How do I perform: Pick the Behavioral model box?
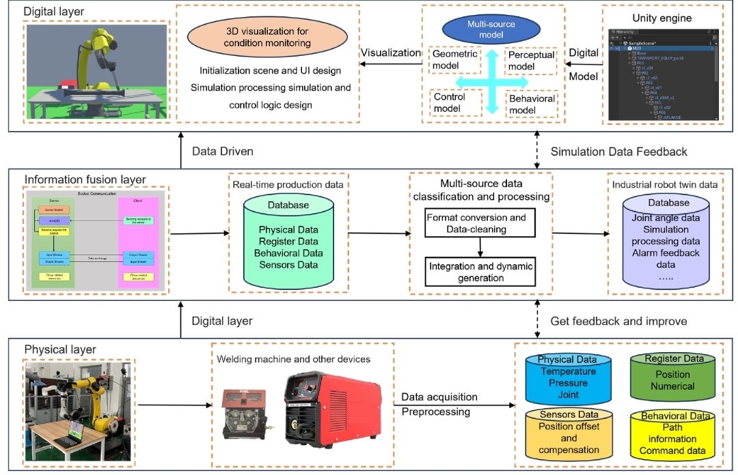click(x=531, y=104)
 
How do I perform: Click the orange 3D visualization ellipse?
click(x=267, y=38)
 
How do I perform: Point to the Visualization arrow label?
click(x=391, y=53)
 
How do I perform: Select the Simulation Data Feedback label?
click(x=618, y=152)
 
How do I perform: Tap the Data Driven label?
click(x=223, y=152)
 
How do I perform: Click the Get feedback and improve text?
click(x=618, y=321)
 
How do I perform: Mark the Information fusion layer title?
click(x=85, y=180)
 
